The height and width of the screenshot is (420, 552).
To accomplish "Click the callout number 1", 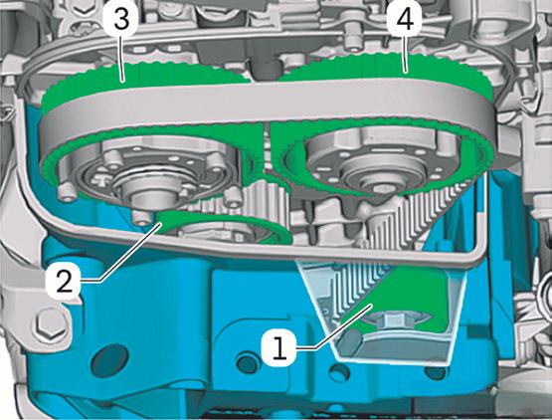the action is click(280, 347).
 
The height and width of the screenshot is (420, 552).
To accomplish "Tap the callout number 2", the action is click(64, 281).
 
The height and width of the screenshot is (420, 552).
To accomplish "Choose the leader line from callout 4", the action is click(405, 52).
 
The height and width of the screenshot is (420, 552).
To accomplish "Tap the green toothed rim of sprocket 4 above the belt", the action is click(387, 67).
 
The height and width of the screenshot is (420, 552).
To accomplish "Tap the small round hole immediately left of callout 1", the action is click(248, 362).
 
